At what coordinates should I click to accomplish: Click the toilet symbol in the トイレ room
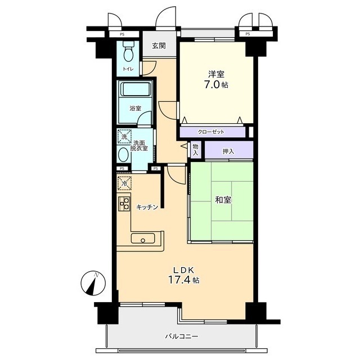[128, 51]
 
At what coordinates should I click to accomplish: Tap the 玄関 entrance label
[159, 46]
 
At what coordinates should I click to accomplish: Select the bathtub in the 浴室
[135, 89]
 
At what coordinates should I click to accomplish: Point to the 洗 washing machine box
[124, 137]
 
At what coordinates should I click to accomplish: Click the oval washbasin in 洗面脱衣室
[123, 155]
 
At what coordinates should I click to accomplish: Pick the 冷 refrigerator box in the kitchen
[124, 184]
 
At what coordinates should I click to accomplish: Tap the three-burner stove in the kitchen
[124, 204]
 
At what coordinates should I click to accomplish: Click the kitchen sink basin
[143, 238]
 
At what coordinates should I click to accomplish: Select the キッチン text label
[147, 207]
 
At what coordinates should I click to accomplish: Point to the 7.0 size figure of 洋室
[212, 85]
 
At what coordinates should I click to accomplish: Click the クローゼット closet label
[211, 132]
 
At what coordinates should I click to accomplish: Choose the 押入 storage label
[228, 151]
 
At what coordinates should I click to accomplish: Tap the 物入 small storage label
[195, 150]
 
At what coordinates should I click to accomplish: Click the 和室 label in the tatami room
[223, 200]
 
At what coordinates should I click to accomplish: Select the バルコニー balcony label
[182, 336]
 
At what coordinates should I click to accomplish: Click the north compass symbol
[93, 283]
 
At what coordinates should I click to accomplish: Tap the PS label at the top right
[247, 34]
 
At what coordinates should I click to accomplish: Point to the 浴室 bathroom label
[135, 108]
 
